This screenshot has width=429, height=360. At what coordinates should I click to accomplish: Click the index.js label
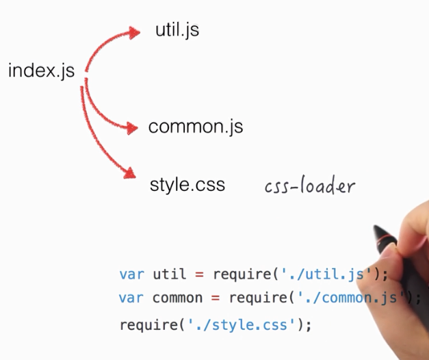(41, 70)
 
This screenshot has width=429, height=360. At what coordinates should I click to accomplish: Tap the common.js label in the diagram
(195, 127)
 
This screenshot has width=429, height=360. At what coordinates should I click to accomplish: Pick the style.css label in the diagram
(187, 185)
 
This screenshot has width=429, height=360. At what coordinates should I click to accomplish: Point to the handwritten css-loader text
(310, 186)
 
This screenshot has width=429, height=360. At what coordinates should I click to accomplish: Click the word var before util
(132, 274)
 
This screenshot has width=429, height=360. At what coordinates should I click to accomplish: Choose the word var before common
(132, 298)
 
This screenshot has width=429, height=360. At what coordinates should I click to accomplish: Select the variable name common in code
(177, 298)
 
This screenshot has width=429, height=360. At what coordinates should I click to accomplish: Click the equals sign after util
(199, 274)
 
